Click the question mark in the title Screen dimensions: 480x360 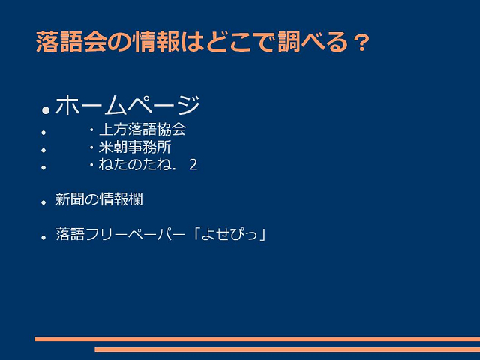362,43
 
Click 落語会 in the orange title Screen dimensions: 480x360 71,42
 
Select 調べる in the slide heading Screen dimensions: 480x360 313,42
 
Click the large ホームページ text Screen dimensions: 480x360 127,105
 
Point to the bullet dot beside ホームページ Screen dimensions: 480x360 46,110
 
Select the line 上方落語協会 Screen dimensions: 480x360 142,129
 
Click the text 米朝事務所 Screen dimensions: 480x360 135,147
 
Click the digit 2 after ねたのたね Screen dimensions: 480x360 193,165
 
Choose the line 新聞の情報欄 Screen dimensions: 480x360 99,199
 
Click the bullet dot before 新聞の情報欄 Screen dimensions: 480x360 43,202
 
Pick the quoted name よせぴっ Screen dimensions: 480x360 229,234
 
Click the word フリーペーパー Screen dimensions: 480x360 135,234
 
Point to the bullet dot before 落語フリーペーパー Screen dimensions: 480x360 43,237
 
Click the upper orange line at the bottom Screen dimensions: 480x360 257,339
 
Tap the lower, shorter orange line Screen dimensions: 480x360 287,349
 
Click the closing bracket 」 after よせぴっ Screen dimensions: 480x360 262,234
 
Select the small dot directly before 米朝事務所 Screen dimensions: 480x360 91,148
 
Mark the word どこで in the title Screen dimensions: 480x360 241,42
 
